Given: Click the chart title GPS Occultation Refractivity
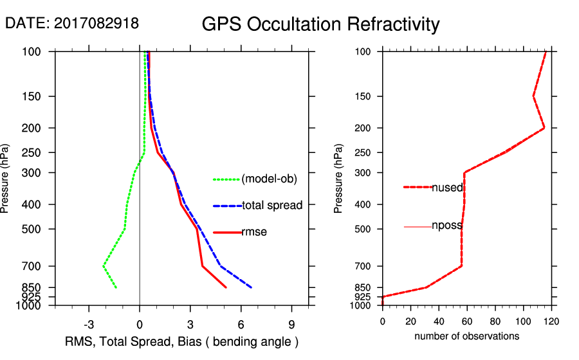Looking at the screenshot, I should (320, 24).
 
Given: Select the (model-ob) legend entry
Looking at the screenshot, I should (269, 179).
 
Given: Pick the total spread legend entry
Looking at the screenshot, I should (272, 206).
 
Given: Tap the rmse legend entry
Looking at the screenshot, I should (254, 232).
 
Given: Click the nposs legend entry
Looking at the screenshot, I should (446, 226).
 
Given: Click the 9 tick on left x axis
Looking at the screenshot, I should (291, 323).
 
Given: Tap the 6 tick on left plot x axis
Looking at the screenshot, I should (241, 323).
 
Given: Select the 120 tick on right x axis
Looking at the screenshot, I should (551, 321).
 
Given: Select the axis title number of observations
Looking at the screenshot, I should (466, 336).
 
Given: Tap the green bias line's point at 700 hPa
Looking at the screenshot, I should (104, 265).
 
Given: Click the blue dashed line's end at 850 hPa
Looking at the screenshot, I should (251, 287).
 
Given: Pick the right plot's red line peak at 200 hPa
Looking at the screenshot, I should (544, 128).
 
